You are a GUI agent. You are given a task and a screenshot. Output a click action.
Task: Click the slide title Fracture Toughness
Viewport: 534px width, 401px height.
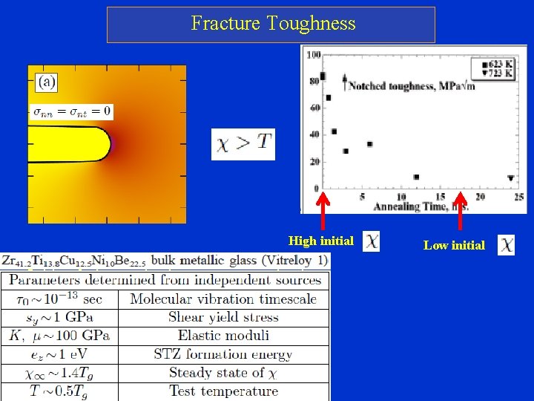273,24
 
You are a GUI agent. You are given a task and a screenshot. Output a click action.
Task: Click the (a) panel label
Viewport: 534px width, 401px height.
47,82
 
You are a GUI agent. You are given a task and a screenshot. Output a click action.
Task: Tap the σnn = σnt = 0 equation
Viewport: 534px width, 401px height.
72,111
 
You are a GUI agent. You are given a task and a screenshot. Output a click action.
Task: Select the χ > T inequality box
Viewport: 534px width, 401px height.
243,144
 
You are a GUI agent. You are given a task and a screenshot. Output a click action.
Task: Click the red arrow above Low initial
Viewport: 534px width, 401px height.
461,212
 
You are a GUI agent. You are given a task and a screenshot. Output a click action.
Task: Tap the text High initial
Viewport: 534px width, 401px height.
320,241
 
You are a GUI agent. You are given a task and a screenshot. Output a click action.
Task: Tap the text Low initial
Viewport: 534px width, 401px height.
454,245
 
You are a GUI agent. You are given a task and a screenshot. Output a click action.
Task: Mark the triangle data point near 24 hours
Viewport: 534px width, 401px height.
510,178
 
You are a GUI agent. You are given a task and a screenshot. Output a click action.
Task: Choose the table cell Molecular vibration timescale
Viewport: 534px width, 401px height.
222,299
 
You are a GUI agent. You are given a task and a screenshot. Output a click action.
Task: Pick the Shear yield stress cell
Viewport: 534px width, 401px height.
222,317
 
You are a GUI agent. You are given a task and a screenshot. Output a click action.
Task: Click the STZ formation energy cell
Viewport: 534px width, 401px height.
222,354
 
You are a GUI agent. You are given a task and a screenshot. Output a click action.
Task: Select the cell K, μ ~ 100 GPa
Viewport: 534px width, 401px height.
59,336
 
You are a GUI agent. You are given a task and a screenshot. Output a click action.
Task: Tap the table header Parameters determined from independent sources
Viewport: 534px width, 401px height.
165,281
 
